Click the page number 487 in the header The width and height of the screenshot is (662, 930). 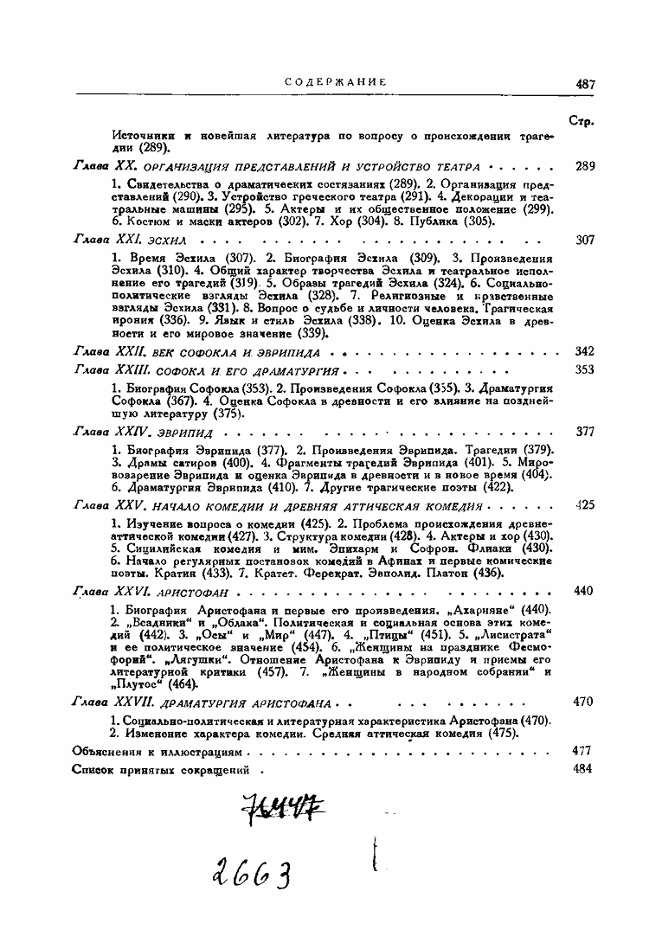[586, 84]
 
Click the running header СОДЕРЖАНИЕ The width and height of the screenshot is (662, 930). [335, 82]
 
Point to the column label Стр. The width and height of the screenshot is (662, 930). [582, 121]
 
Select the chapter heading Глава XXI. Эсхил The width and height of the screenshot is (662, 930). [129, 239]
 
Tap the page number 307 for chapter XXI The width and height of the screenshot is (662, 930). [585, 240]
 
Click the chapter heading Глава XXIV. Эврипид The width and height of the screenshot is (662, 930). [144, 431]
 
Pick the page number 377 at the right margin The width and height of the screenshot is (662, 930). [585, 431]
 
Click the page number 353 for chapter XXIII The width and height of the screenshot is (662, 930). [585, 369]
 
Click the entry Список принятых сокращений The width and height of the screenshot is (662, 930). [161, 769]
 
